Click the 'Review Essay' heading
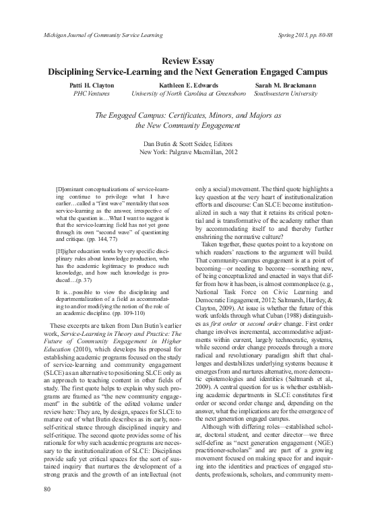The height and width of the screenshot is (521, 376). pos(187,61)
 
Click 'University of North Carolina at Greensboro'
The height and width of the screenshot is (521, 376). pos(187,95)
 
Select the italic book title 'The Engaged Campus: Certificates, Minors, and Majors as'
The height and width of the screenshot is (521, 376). pos(187,115)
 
